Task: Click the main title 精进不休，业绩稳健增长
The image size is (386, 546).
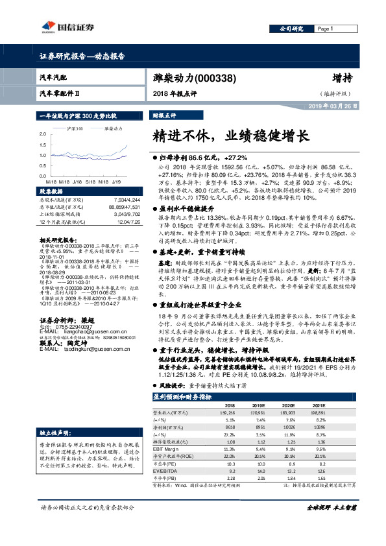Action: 230,136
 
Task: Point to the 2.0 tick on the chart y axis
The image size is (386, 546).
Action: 43,134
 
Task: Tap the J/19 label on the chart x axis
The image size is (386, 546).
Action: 118,183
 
